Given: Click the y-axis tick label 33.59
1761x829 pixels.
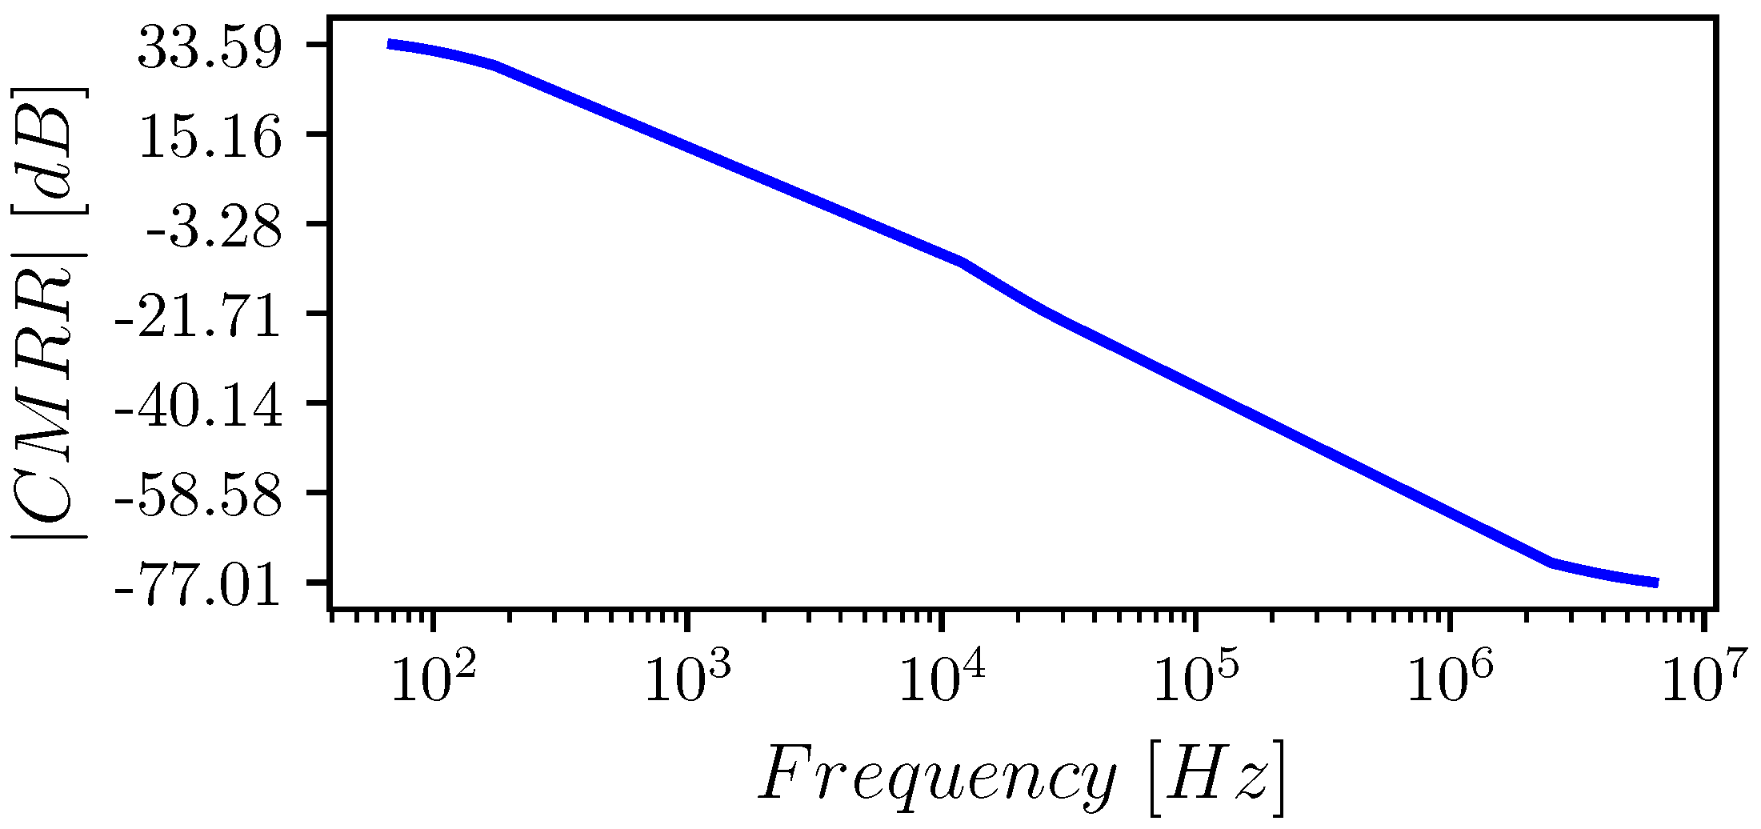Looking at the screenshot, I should click(x=210, y=50).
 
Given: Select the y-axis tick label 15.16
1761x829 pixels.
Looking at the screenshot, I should click(x=210, y=139).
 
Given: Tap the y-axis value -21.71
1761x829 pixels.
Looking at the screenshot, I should click(x=199, y=318).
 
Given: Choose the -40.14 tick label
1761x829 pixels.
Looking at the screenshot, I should click(x=199, y=408).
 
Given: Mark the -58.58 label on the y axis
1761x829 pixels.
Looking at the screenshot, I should click(x=199, y=498).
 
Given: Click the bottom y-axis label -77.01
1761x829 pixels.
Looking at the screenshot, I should click(x=199, y=587).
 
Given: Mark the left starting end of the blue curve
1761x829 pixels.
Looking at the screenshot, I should click(x=389, y=44).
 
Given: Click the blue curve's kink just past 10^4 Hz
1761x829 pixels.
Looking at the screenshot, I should click(x=963, y=262).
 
